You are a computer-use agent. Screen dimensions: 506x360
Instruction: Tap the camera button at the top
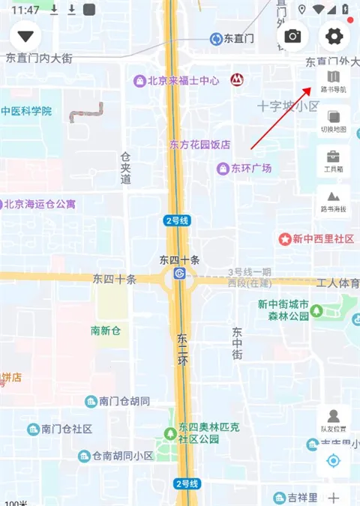click(292, 36)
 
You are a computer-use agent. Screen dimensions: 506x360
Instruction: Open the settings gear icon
click(334, 36)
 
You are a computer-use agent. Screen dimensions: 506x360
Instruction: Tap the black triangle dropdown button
click(28, 36)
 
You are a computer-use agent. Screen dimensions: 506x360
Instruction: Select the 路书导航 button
click(334, 81)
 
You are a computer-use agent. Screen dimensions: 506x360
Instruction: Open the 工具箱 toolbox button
click(334, 161)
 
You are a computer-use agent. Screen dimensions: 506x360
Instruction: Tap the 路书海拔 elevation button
click(334, 201)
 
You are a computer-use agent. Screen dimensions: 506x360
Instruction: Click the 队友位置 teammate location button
click(334, 421)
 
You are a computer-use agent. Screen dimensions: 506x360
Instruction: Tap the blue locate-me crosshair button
click(334, 460)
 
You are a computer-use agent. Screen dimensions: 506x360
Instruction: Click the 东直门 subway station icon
click(216, 38)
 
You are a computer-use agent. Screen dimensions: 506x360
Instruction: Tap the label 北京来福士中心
click(183, 80)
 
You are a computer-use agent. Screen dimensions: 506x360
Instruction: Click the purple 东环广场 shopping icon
click(223, 169)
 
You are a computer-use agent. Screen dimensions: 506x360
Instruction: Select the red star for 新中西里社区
click(284, 239)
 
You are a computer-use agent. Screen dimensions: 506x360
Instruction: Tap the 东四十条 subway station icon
click(179, 274)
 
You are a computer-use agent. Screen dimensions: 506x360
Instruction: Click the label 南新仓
click(106, 330)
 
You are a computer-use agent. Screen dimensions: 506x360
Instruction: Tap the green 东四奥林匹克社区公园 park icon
click(170, 433)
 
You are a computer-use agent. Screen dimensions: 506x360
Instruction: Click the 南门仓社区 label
click(67, 429)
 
